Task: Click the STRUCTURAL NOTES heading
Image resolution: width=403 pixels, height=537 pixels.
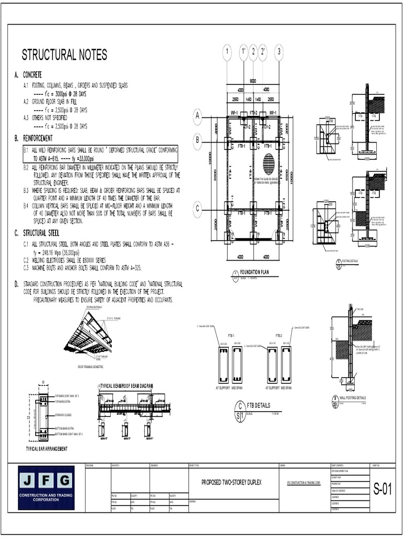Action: (x=64, y=55)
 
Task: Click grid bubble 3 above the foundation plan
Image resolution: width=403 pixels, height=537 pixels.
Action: (x=279, y=51)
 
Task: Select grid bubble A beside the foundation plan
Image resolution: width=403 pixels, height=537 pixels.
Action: (x=198, y=116)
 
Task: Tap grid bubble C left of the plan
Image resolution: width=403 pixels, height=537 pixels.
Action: (x=198, y=209)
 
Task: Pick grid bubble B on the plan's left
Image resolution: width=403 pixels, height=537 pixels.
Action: (x=198, y=140)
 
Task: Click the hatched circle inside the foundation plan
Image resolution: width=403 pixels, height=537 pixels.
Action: (x=269, y=164)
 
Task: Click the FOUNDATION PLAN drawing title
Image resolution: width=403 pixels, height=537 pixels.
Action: (x=254, y=273)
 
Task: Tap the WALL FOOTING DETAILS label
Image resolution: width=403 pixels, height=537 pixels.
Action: (x=353, y=398)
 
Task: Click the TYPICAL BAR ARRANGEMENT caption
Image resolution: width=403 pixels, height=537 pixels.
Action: (x=47, y=449)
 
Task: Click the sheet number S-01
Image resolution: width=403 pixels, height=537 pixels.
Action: (x=383, y=490)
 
